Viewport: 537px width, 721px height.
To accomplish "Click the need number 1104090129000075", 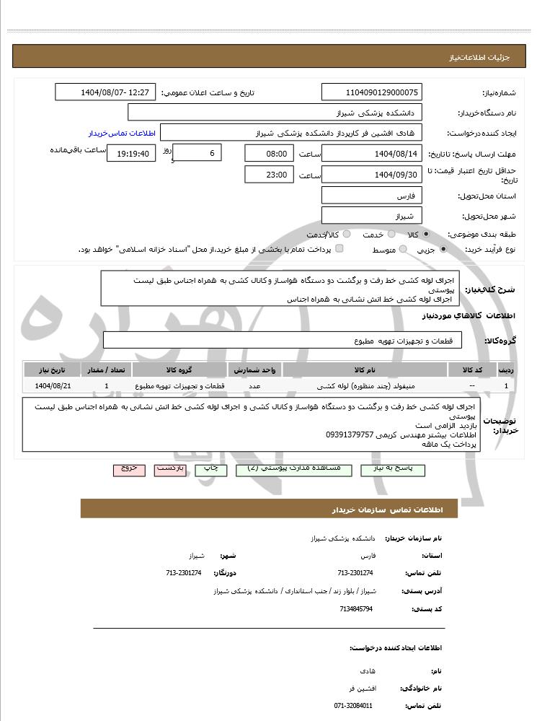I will pyautogui.click(x=371, y=92).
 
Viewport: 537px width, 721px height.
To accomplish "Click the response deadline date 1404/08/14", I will pyautogui.click(x=371, y=153).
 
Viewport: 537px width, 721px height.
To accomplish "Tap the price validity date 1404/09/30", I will pyautogui.click(x=371, y=175).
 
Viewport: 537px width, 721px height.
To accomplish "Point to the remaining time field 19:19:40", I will pyautogui.click(x=130, y=153).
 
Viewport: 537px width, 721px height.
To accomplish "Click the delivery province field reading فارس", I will pyautogui.click(x=371, y=196).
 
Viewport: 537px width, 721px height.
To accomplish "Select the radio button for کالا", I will pyautogui.click(x=427, y=235).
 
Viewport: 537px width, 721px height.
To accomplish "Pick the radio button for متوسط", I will pyautogui.click(x=400, y=249).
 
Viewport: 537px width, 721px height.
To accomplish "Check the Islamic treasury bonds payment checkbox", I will pyautogui.click(x=339, y=249).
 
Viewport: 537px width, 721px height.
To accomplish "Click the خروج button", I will pyautogui.click(x=129, y=469).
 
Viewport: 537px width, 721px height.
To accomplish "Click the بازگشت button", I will pyautogui.click(x=171, y=469).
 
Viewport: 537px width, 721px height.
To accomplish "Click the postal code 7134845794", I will pyautogui.click(x=356, y=609).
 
